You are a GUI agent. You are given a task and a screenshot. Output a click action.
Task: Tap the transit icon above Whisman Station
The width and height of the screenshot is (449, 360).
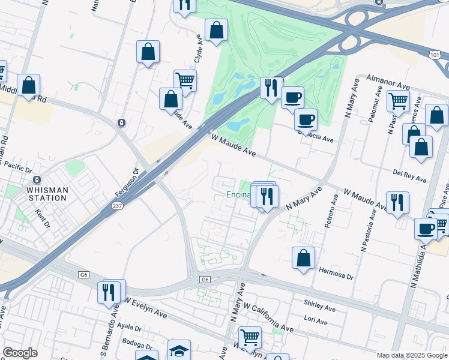point(37,179)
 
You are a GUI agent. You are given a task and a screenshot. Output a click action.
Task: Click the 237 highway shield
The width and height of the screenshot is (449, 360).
point(118,206)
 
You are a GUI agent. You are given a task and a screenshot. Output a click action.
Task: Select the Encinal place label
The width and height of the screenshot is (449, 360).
point(238,195)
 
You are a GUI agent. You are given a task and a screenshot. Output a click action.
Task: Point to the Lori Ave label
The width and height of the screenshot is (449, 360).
point(316,321)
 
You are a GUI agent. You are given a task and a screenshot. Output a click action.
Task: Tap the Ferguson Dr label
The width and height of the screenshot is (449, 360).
point(127,184)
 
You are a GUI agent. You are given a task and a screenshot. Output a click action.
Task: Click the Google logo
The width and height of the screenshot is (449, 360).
point(20,353)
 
